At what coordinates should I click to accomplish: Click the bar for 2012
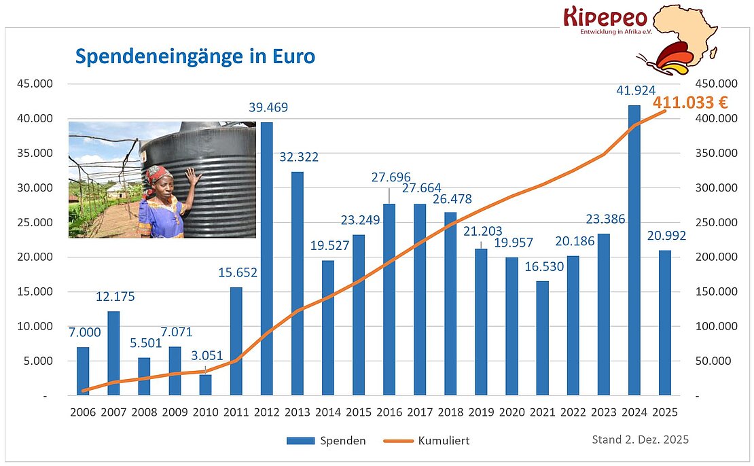(266, 258)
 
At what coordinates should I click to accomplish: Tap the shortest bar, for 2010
(205, 384)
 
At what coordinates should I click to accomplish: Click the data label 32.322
(299, 157)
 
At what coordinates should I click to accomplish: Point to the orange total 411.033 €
(690, 103)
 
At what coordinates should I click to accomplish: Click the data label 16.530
(544, 266)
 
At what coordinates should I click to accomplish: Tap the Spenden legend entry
(326, 441)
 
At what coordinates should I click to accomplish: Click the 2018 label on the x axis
(450, 412)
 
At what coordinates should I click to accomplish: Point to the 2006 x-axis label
(82, 412)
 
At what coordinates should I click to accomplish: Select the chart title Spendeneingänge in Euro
(194, 56)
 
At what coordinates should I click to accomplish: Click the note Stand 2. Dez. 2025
(640, 440)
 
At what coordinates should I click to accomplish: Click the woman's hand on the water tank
(194, 178)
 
